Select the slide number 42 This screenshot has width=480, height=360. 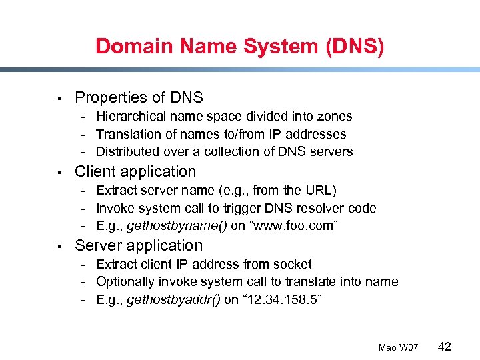(445, 346)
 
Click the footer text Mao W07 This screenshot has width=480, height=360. (398, 347)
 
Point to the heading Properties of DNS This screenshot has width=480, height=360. (139, 97)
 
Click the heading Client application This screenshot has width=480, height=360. (135, 171)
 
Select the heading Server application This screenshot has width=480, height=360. (139, 245)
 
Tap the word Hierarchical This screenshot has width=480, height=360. (131, 116)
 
